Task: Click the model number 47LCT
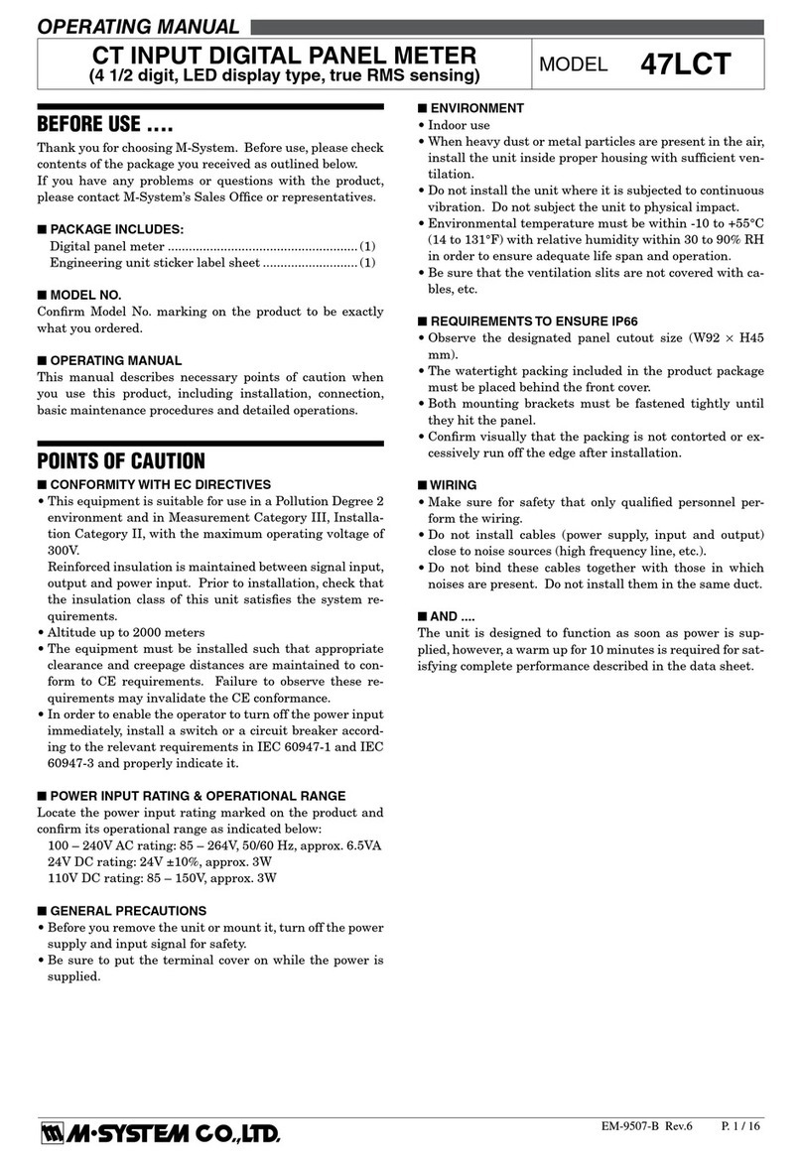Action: (x=685, y=65)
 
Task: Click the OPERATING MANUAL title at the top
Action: (x=138, y=27)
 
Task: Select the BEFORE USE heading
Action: (x=105, y=125)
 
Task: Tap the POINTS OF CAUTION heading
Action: (x=121, y=460)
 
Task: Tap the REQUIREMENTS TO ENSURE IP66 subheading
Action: (x=521, y=322)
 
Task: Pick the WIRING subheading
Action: (x=453, y=485)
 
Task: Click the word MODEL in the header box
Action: (x=572, y=65)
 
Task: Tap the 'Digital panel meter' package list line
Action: (x=211, y=246)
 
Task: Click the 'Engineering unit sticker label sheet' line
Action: (x=211, y=263)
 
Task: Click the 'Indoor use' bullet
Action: (x=458, y=126)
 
